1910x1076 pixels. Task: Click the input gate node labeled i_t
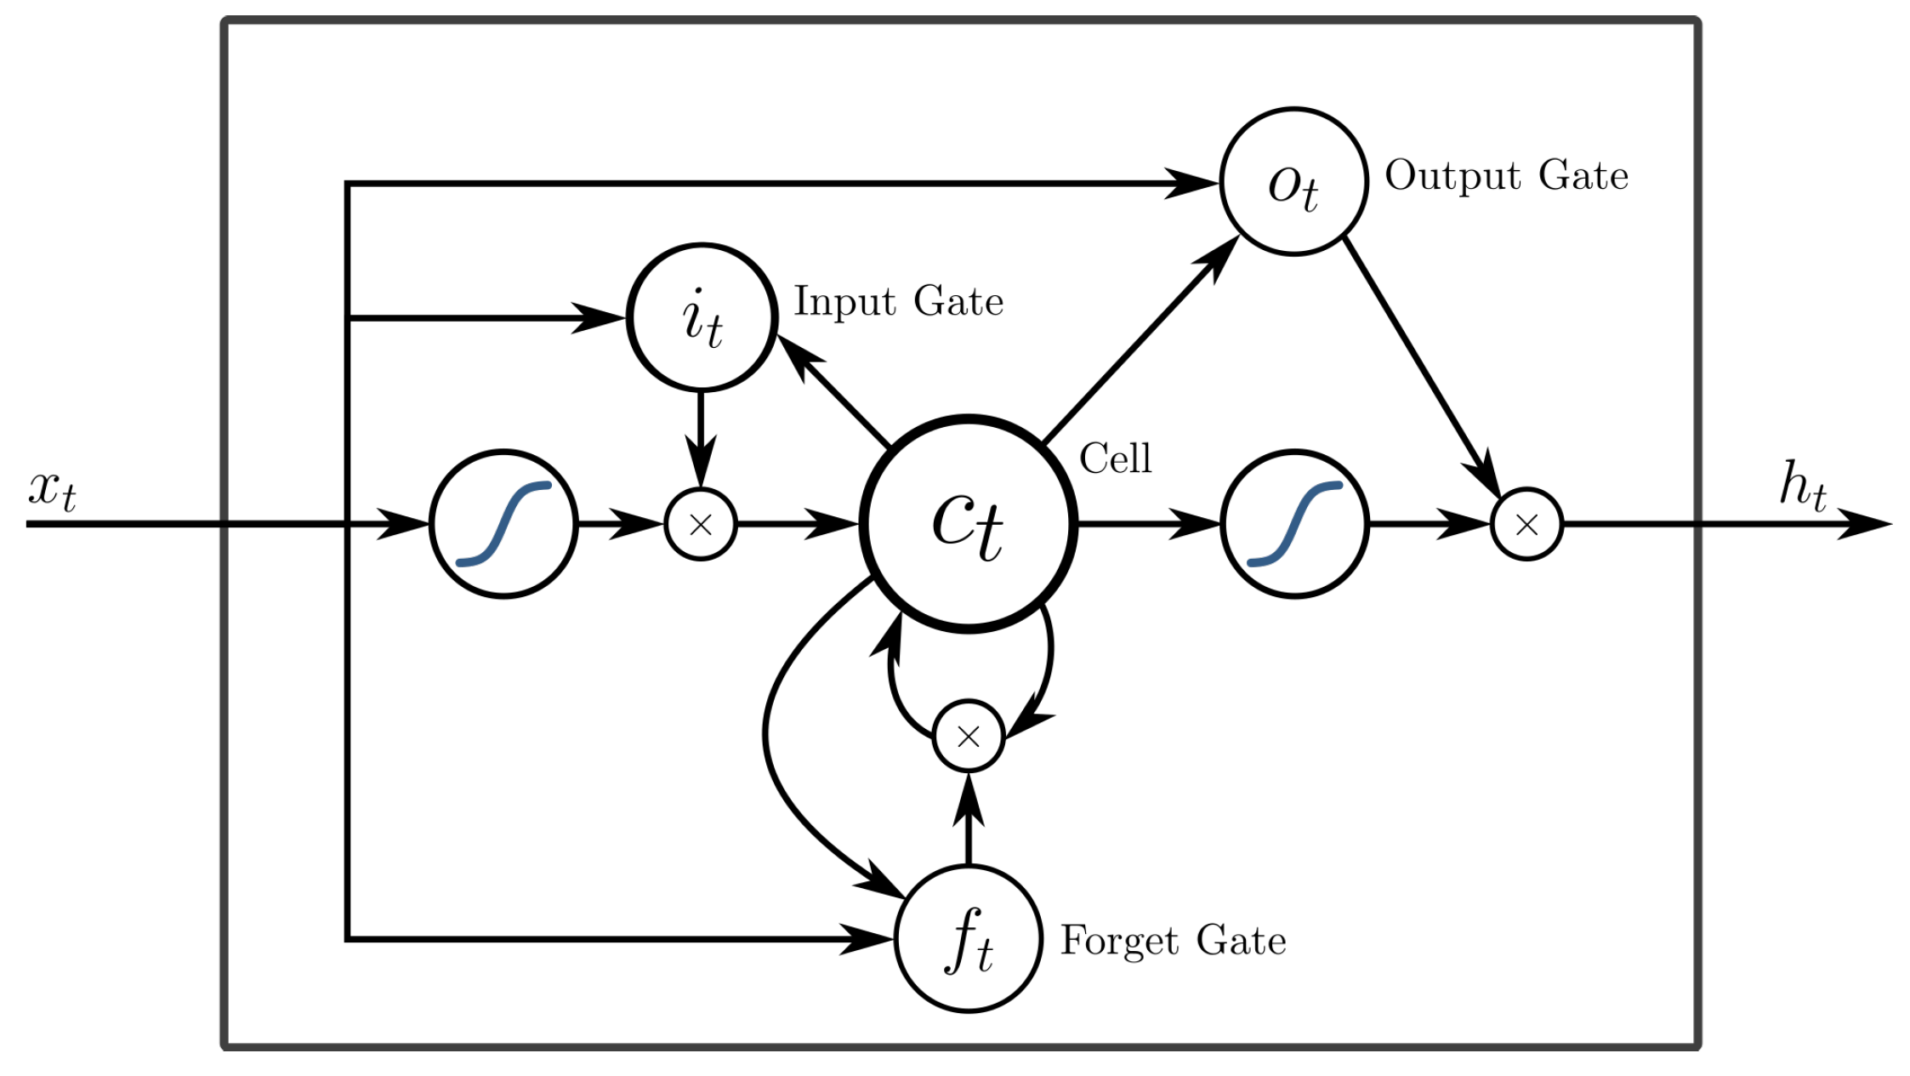(x=702, y=318)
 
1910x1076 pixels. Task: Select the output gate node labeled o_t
(x=1293, y=181)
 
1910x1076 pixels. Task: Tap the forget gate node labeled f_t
(x=969, y=938)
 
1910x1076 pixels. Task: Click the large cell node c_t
(x=969, y=524)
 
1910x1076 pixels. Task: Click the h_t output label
(x=1803, y=487)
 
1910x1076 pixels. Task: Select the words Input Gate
(x=898, y=302)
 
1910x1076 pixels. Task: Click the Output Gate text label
(x=1506, y=176)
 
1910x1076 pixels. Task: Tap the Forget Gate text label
(x=1173, y=941)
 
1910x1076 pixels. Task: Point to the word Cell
(x=1115, y=458)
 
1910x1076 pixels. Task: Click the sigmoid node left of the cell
(x=503, y=524)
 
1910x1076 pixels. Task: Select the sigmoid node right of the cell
(x=1294, y=524)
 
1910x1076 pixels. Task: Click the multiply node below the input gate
(x=701, y=524)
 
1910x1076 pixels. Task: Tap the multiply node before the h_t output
(x=1526, y=524)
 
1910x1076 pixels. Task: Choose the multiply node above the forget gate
(x=969, y=736)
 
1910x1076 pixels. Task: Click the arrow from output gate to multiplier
(x=1422, y=367)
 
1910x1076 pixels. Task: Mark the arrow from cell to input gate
(x=833, y=390)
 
